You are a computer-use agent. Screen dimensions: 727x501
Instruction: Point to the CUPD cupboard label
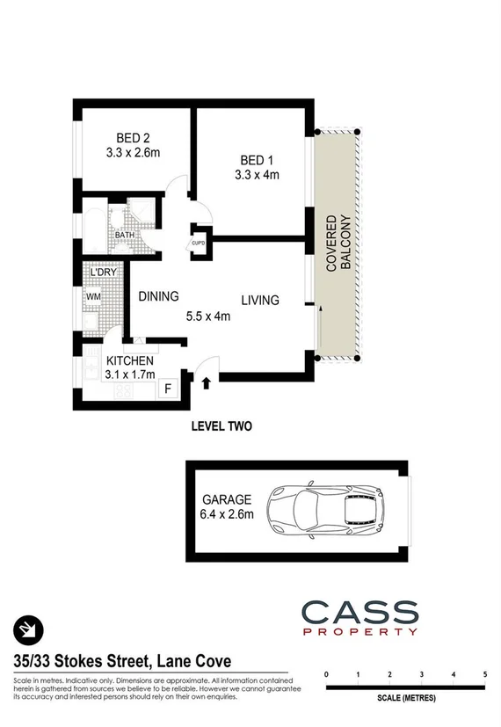point(199,243)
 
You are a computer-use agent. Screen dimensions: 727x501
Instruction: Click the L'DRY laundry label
point(103,274)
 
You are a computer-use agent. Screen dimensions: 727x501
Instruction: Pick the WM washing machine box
point(93,297)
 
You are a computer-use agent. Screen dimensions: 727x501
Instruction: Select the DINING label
point(158,296)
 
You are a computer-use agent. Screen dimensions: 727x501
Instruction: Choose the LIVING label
point(260,301)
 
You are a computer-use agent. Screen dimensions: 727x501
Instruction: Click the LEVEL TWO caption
point(221,427)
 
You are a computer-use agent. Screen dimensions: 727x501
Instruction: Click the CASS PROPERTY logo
point(359,617)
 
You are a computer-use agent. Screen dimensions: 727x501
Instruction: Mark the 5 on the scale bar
point(485,674)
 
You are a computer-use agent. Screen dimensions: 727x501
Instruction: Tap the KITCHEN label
point(130,361)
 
